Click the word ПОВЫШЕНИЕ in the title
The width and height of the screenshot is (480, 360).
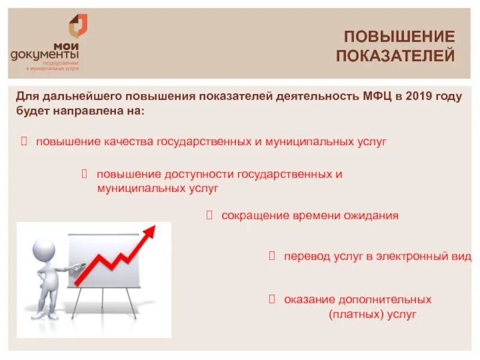pos(399,36)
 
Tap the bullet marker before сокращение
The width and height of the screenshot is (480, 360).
pos(210,215)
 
